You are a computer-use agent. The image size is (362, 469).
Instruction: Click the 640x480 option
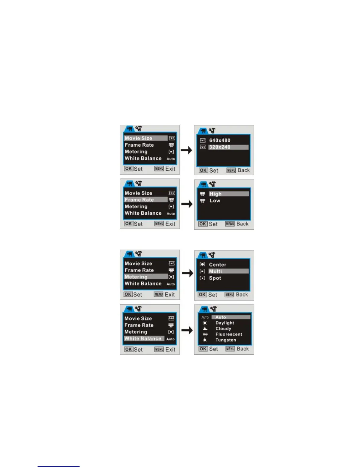click(x=219, y=140)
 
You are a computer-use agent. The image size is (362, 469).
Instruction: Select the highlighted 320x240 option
click(x=219, y=147)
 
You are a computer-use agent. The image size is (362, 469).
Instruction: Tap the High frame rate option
click(x=215, y=194)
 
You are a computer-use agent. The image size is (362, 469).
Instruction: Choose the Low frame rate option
click(x=215, y=201)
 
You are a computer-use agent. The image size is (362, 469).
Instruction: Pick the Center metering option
click(x=217, y=265)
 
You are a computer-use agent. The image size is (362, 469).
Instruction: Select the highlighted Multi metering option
click(x=215, y=271)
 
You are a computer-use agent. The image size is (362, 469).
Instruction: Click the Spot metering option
click(x=215, y=278)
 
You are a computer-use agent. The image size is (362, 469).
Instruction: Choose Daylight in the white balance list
click(x=224, y=323)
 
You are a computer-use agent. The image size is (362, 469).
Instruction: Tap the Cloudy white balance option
click(x=223, y=329)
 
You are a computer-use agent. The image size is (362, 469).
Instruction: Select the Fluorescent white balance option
click(x=229, y=334)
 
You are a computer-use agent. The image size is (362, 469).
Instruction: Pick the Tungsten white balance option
click(x=226, y=340)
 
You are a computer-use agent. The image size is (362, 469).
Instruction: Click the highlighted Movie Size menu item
click(x=138, y=138)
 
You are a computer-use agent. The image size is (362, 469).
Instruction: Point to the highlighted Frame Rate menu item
click(x=139, y=200)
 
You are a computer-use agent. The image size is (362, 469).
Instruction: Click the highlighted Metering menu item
click(x=136, y=277)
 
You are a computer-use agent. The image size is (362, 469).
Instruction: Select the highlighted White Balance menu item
click(x=143, y=339)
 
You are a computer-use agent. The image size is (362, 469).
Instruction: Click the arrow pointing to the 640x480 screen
click(x=186, y=150)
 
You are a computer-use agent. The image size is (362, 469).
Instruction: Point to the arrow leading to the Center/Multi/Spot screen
click(x=187, y=273)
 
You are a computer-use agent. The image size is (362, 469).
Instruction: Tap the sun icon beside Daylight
click(x=205, y=323)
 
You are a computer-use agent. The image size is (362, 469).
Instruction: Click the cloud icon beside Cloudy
click(x=205, y=329)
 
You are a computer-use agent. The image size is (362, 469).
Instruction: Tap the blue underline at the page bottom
click(x=58, y=466)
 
